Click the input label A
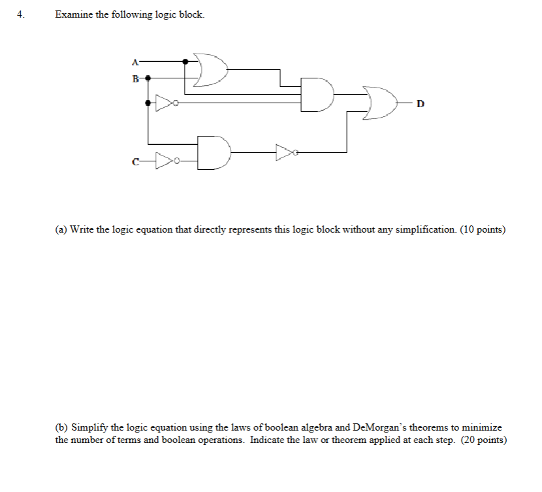135,62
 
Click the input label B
135,79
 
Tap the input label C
135,160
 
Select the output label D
420,104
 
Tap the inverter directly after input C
165,160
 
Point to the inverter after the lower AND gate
287,152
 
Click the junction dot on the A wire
185,61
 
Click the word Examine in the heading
74,14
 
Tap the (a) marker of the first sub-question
61,229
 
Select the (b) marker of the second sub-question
61,427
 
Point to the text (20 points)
483,440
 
